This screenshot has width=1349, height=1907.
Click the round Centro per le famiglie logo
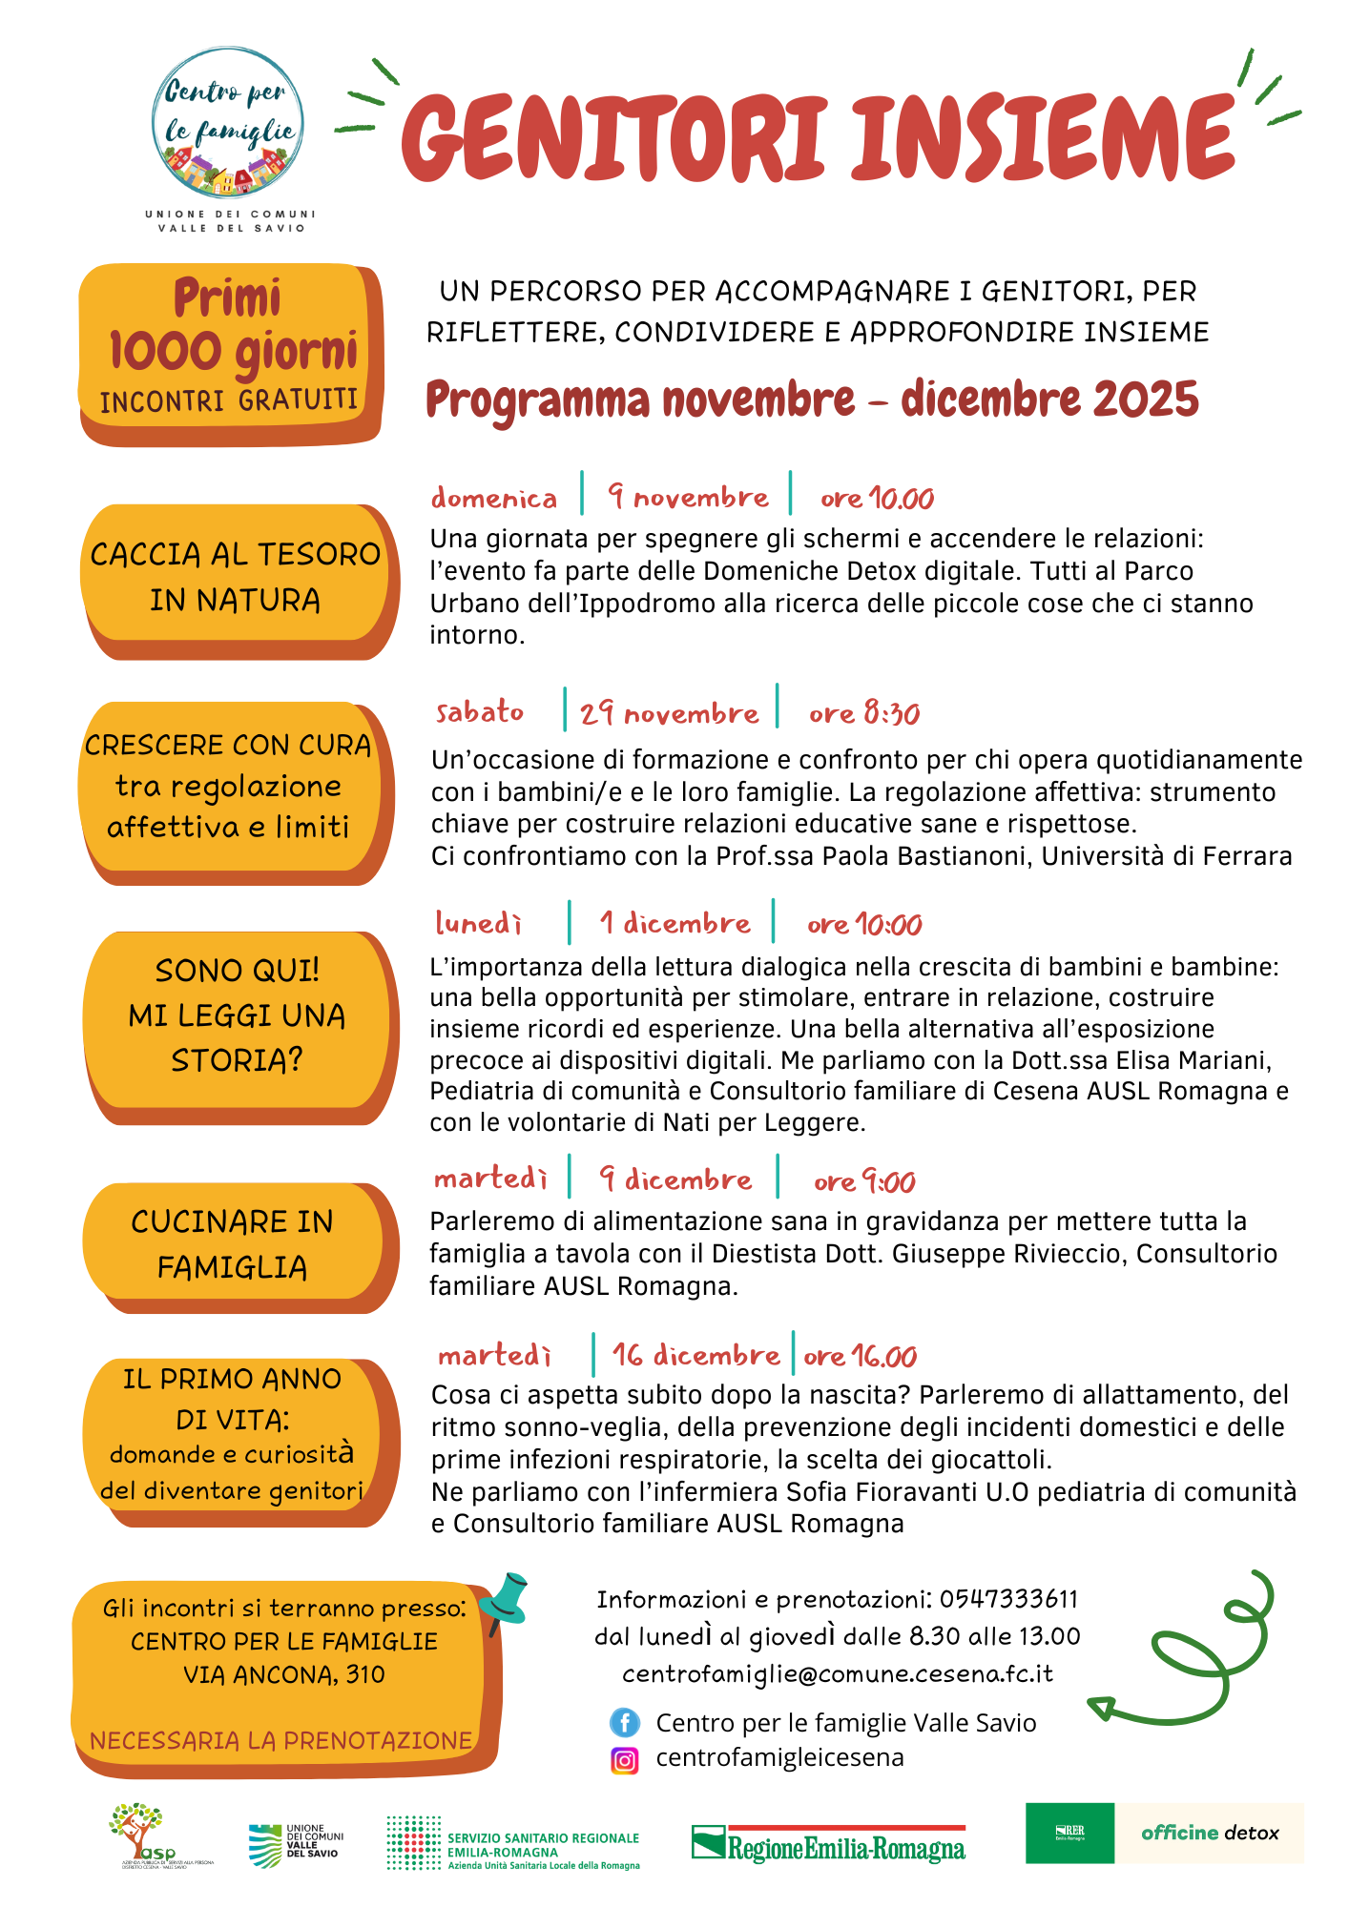coord(228,122)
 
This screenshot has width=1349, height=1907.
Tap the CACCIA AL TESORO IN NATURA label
coord(235,576)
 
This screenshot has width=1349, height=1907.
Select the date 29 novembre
coord(669,712)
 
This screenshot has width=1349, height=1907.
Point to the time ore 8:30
coord(863,713)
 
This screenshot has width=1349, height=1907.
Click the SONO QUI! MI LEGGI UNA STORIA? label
coord(237,1015)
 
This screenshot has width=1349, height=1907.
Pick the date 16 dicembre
coord(695,1355)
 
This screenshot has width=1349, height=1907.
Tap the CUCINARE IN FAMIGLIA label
coord(232,1243)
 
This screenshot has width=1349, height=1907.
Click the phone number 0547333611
coord(1008,1599)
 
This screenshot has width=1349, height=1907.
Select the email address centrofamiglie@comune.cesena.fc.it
coord(838,1673)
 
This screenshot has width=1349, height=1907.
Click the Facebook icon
coord(625,1723)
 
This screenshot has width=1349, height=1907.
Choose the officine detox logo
coord(1210,1833)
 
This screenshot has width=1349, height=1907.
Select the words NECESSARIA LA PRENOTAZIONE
coord(281,1740)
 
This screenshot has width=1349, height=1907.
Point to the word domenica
coord(493,499)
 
